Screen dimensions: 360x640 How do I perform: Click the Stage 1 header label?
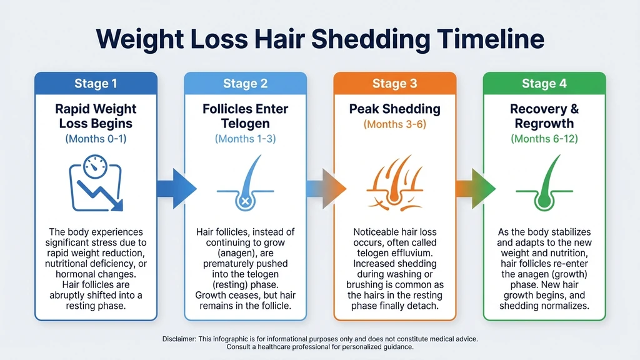pos(96,84)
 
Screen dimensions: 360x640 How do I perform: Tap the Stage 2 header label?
pos(244,84)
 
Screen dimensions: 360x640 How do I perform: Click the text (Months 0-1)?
pos(96,139)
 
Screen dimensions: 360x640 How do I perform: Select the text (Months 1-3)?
pos(245,139)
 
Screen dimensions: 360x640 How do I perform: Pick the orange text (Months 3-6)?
pos(394,124)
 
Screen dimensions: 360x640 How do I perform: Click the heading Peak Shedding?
pos(394,109)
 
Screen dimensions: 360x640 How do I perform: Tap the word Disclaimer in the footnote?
pos(179,338)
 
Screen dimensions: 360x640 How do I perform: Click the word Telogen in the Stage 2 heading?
pos(245,123)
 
